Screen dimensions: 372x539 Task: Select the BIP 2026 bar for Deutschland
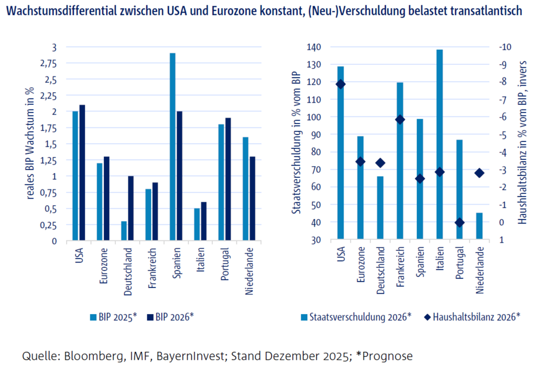[130, 208]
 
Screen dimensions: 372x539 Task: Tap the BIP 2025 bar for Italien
[196, 224]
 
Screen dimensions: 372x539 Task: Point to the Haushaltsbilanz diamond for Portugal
[460, 223]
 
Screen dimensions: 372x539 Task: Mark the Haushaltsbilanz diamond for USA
[340, 84]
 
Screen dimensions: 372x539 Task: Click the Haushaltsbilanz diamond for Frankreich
[400, 119]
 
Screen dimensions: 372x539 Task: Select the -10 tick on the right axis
[506, 47]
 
